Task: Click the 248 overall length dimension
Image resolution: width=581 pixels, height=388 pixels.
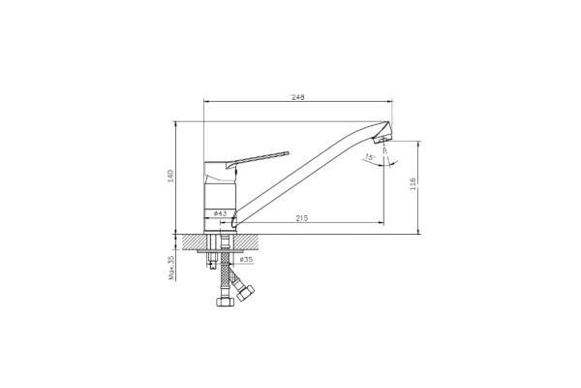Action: pyautogui.click(x=298, y=97)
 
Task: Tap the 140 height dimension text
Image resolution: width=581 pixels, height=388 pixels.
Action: pyautogui.click(x=170, y=176)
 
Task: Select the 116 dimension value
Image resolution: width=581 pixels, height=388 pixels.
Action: pyautogui.click(x=413, y=184)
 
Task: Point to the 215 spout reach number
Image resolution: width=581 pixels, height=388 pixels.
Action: pyautogui.click(x=302, y=218)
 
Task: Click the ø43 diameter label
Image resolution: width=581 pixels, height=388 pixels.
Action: pyautogui.click(x=220, y=213)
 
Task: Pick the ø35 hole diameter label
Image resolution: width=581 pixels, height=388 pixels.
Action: pyautogui.click(x=246, y=260)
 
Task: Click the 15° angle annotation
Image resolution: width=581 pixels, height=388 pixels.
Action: pyautogui.click(x=370, y=157)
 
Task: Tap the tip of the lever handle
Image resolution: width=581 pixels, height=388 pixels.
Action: pyautogui.click(x=287, y=152)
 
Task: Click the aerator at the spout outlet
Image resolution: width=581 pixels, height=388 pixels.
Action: pyautogui.click(x=381, y=140)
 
